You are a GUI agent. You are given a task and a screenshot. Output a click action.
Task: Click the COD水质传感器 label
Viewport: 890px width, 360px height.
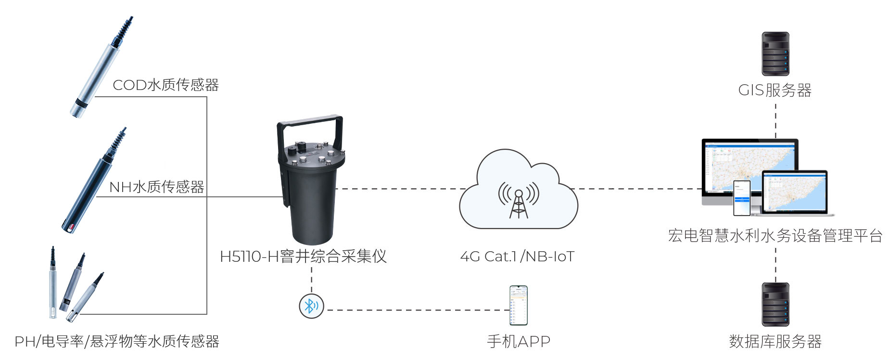(x=165, y=85)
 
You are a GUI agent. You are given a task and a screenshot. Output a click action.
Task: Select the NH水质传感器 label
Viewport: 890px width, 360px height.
(x=157, y=187)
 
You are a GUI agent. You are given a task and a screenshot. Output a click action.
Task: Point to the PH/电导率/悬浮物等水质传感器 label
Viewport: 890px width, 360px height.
(x=117, y=341)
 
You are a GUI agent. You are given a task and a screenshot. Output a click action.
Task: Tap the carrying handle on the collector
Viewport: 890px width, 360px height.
(x=310, y=120)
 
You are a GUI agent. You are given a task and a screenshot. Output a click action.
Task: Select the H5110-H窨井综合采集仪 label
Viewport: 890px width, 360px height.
(x=303, y=257)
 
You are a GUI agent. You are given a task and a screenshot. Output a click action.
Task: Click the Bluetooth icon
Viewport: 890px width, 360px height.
(x=311, y=306)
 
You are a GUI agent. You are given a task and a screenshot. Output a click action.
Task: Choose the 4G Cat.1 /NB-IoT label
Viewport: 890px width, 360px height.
(x=517, y=257)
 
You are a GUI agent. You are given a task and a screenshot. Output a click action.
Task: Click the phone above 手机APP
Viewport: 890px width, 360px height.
(x=519, y=306)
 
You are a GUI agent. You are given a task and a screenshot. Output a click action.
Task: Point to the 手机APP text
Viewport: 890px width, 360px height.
(x=519, y=341)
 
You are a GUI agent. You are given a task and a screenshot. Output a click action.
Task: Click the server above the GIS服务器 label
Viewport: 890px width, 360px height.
(x=775, y=54)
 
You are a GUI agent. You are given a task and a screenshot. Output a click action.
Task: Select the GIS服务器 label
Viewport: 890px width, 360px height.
(x=775, y=90)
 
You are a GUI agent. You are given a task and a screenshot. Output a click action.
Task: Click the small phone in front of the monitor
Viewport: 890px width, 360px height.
(x=741, y=198)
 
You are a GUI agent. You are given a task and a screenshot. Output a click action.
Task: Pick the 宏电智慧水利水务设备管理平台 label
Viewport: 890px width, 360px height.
(x=775, y=235)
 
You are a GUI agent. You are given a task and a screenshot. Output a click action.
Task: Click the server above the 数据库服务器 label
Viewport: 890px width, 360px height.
(x=775, y=305)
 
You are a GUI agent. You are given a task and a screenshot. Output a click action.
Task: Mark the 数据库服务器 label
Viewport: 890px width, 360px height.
(x=775, y=341)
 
